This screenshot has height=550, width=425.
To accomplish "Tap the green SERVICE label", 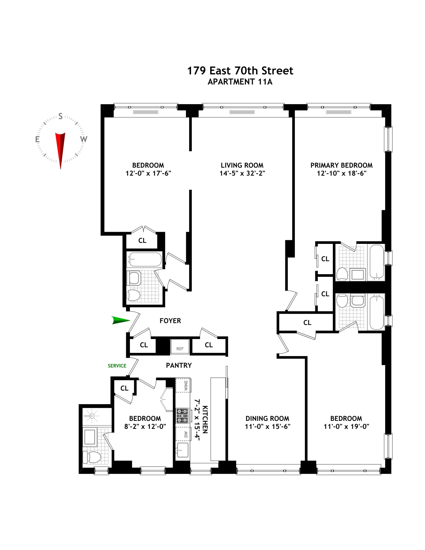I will click(x=117, y=366).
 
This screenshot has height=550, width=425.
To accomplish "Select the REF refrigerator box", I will click(x=180, y=347).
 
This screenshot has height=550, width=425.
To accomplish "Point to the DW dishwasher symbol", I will click(x=183, y=434).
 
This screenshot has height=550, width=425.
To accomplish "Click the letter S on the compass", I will click(x=61, y=116).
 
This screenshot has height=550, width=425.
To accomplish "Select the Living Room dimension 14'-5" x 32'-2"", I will click(x=242, y=173).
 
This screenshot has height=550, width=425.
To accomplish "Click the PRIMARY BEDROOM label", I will click(x=341, y=165).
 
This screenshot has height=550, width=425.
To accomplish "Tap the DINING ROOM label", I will click(x=267, y=418).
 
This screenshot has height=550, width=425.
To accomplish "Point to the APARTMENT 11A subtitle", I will click(x=240, y=82).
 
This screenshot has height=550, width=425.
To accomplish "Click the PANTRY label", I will click(x=179, y=365).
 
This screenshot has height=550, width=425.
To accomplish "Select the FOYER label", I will click(x=170, y=321).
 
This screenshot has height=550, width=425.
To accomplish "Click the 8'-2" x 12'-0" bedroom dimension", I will click(x=145, y=426).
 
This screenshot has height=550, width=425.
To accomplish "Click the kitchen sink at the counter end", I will click(x=183, y=451).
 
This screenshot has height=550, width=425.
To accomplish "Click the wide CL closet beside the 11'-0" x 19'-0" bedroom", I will click(x=307, y=323).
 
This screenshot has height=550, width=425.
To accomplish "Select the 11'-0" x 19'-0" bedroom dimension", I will click(x=346, y=426).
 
